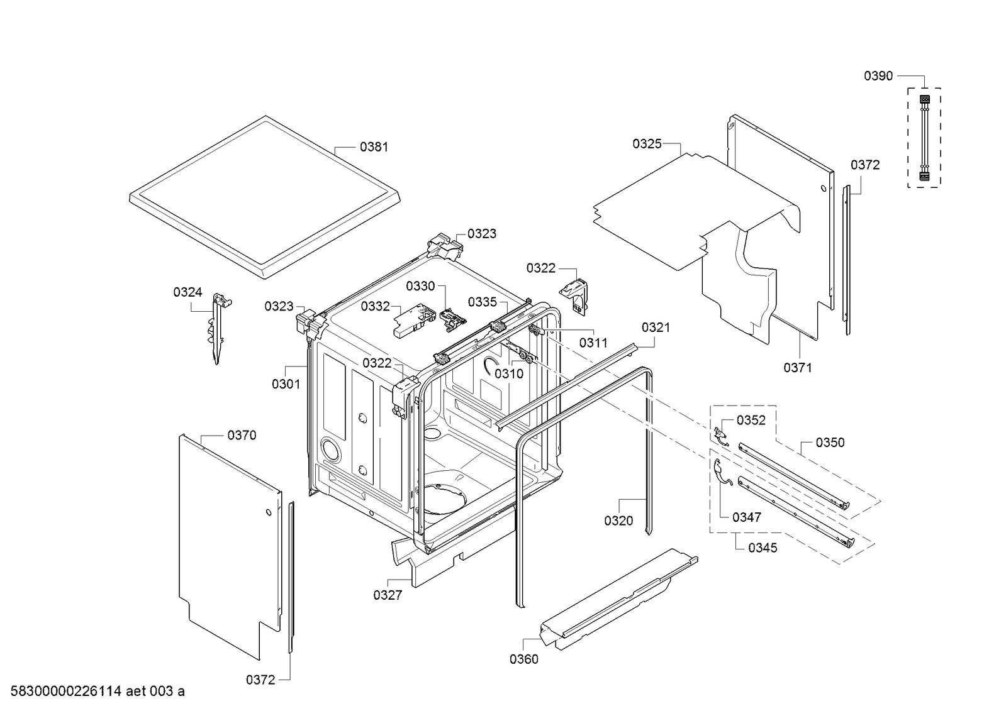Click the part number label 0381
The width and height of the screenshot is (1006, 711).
point(374,147)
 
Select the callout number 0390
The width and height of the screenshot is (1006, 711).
point(878,76)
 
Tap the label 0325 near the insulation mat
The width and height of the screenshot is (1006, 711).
point(647,144)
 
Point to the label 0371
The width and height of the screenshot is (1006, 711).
point(797,368)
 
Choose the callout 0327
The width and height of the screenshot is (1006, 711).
point(388,595)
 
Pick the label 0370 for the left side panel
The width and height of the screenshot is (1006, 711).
point(242,435)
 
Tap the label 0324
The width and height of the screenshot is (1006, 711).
point(187,292)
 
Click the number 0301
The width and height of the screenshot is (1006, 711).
point(286,383)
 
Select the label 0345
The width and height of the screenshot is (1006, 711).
point(763,548)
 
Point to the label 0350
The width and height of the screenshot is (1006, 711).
point(830,443)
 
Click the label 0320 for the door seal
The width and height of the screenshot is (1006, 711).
point(618,521)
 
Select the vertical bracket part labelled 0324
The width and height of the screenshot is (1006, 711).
point(218,327)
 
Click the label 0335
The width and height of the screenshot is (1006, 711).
point(482,302)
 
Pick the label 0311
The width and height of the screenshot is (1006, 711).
point(593,343)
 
